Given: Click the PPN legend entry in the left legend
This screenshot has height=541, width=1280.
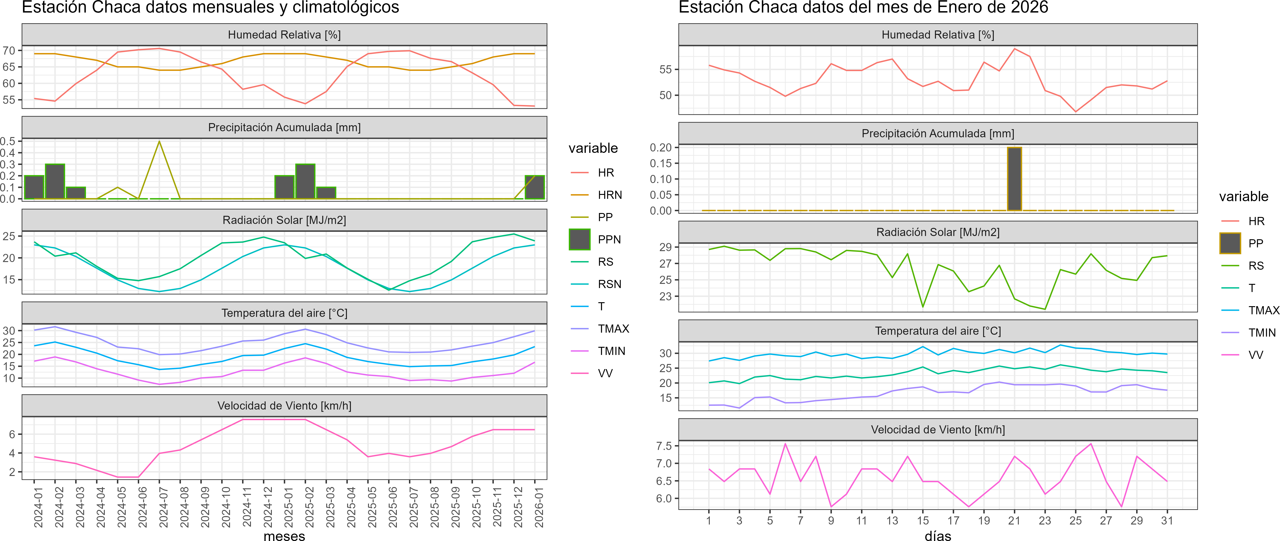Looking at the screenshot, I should point(609,239).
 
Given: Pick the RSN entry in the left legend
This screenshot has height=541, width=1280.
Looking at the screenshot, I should point(609,284).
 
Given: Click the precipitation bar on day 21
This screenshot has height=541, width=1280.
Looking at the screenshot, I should point(1014,179).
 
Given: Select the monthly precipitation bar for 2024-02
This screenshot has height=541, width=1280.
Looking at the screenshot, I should point(55,181).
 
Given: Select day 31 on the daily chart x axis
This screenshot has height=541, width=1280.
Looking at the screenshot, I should point(1167,521).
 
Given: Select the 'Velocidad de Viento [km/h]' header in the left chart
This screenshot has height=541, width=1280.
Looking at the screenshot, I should point(284,406).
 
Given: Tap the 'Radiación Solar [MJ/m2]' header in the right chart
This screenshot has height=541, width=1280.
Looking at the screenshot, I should point(938,232).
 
